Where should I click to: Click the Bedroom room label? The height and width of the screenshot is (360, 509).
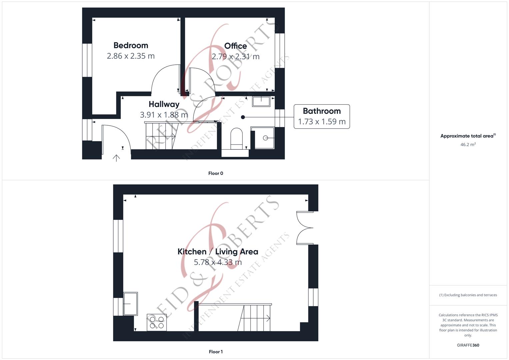pos(131,45)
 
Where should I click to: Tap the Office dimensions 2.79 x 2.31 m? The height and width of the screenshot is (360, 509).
pos(235,57)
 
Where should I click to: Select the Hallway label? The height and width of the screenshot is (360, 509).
pos(164,104)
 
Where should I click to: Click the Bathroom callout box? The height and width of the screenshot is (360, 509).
pos(322,116)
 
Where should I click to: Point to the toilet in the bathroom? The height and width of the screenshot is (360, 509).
pos(237,138)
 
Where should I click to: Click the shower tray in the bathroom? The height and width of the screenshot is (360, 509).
pos(263,138)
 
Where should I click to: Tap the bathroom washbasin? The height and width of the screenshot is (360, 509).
pos(261,101)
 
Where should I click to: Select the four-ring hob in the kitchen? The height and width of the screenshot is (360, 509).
pos(157,322)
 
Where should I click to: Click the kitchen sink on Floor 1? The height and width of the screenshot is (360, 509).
pos(131,304)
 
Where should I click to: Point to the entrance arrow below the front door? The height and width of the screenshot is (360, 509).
pos(116,158)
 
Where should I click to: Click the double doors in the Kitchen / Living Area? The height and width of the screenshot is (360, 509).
pos(305,228)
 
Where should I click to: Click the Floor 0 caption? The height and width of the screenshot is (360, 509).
pos(216,173)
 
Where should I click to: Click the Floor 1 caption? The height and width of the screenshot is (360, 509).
pos(216,352)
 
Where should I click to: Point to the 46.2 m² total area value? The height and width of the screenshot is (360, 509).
pos(468,145)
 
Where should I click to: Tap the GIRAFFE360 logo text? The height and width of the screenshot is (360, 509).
pos(468,345)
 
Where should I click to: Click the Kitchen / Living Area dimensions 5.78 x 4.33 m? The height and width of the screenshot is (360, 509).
pos(218,262)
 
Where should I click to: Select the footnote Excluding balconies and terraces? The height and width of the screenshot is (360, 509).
pos(468,295)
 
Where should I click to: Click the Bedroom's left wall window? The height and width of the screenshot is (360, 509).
pos(87,60)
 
